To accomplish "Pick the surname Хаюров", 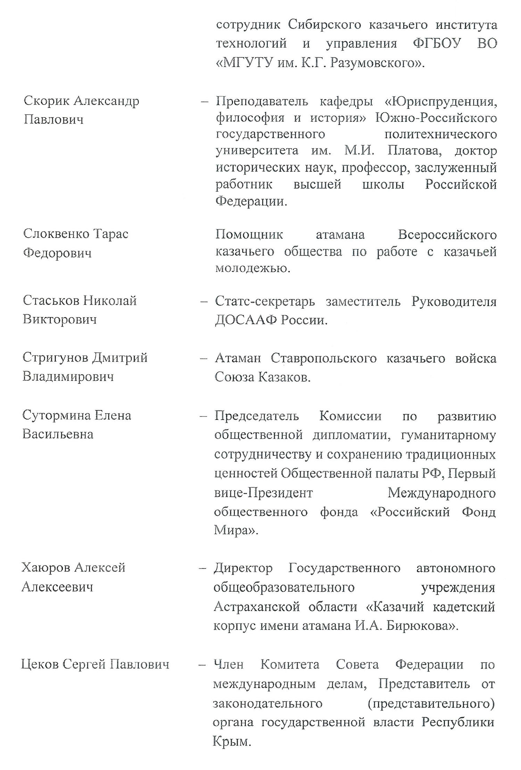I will tap(46, 568).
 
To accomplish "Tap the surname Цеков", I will tap(40, 664).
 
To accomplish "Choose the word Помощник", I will tap(249, 234).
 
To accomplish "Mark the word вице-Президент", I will tap(264, 493).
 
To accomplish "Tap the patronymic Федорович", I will tap(57, 253).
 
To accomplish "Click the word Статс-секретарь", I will tap(265, 301).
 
